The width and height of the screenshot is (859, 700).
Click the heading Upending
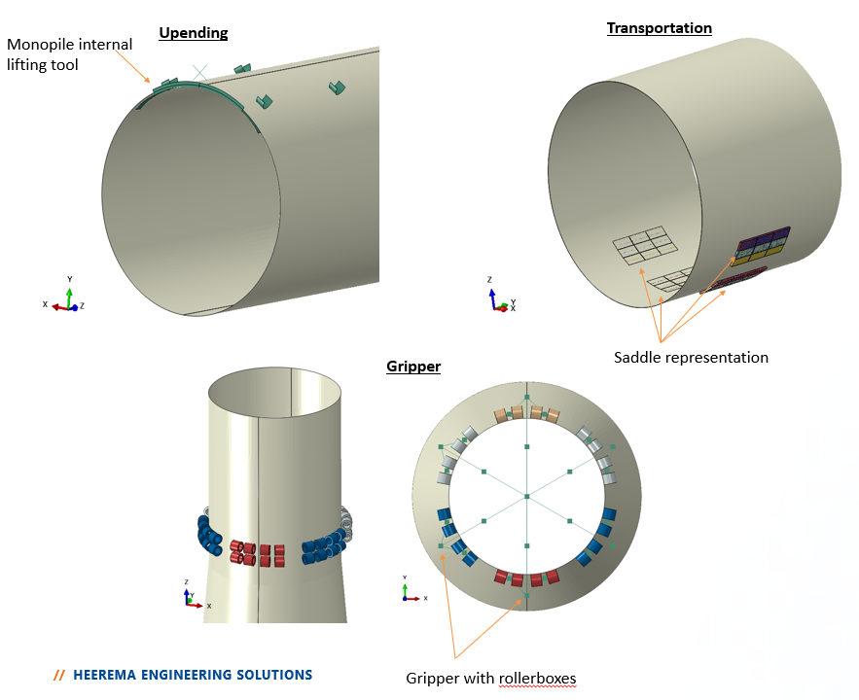click(194, 33)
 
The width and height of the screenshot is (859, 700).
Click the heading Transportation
click(659, 28)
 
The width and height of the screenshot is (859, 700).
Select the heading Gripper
click(413, 367)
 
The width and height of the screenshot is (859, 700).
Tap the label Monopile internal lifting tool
click(69, 54)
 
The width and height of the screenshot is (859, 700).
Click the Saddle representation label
click(691, 358)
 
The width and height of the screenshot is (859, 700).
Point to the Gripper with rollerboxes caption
click(490, 678)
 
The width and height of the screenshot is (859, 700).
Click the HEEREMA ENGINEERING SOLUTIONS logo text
click(193, 674)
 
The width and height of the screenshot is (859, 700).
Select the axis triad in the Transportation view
click(500, 297)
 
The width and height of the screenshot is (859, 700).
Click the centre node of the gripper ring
click(526, 497)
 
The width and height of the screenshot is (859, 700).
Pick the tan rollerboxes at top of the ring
click(526, 413)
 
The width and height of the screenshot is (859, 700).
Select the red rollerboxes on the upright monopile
click(258, 553)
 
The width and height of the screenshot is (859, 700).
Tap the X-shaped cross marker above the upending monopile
click(199, 72)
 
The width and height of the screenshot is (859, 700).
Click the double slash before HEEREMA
click(60, 674)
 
